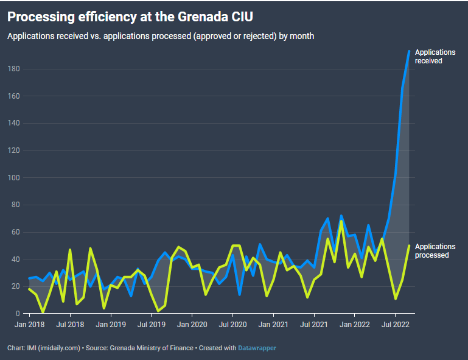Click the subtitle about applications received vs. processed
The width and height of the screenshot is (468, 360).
pos(161,36)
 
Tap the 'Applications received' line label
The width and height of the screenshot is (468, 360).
pos(435,57)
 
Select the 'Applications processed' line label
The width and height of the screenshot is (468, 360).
pos(435,251)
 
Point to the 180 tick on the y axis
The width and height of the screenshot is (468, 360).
pos(14,69)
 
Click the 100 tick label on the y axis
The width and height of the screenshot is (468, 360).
pos(14,178)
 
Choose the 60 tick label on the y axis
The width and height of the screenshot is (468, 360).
pos(16,232)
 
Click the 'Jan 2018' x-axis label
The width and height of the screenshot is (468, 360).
pos(29,325)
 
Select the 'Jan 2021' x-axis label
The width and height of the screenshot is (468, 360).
pos(273,325)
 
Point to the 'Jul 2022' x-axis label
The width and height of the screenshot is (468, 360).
pos(394,325)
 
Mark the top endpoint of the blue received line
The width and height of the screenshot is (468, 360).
pos(409,51)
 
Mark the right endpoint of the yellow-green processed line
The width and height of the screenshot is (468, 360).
pos(409,245)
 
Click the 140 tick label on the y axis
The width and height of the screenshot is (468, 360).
pos(14,123)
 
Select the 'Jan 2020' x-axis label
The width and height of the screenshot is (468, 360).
pos(192,325)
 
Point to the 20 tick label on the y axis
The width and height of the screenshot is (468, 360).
pos(16,286)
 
